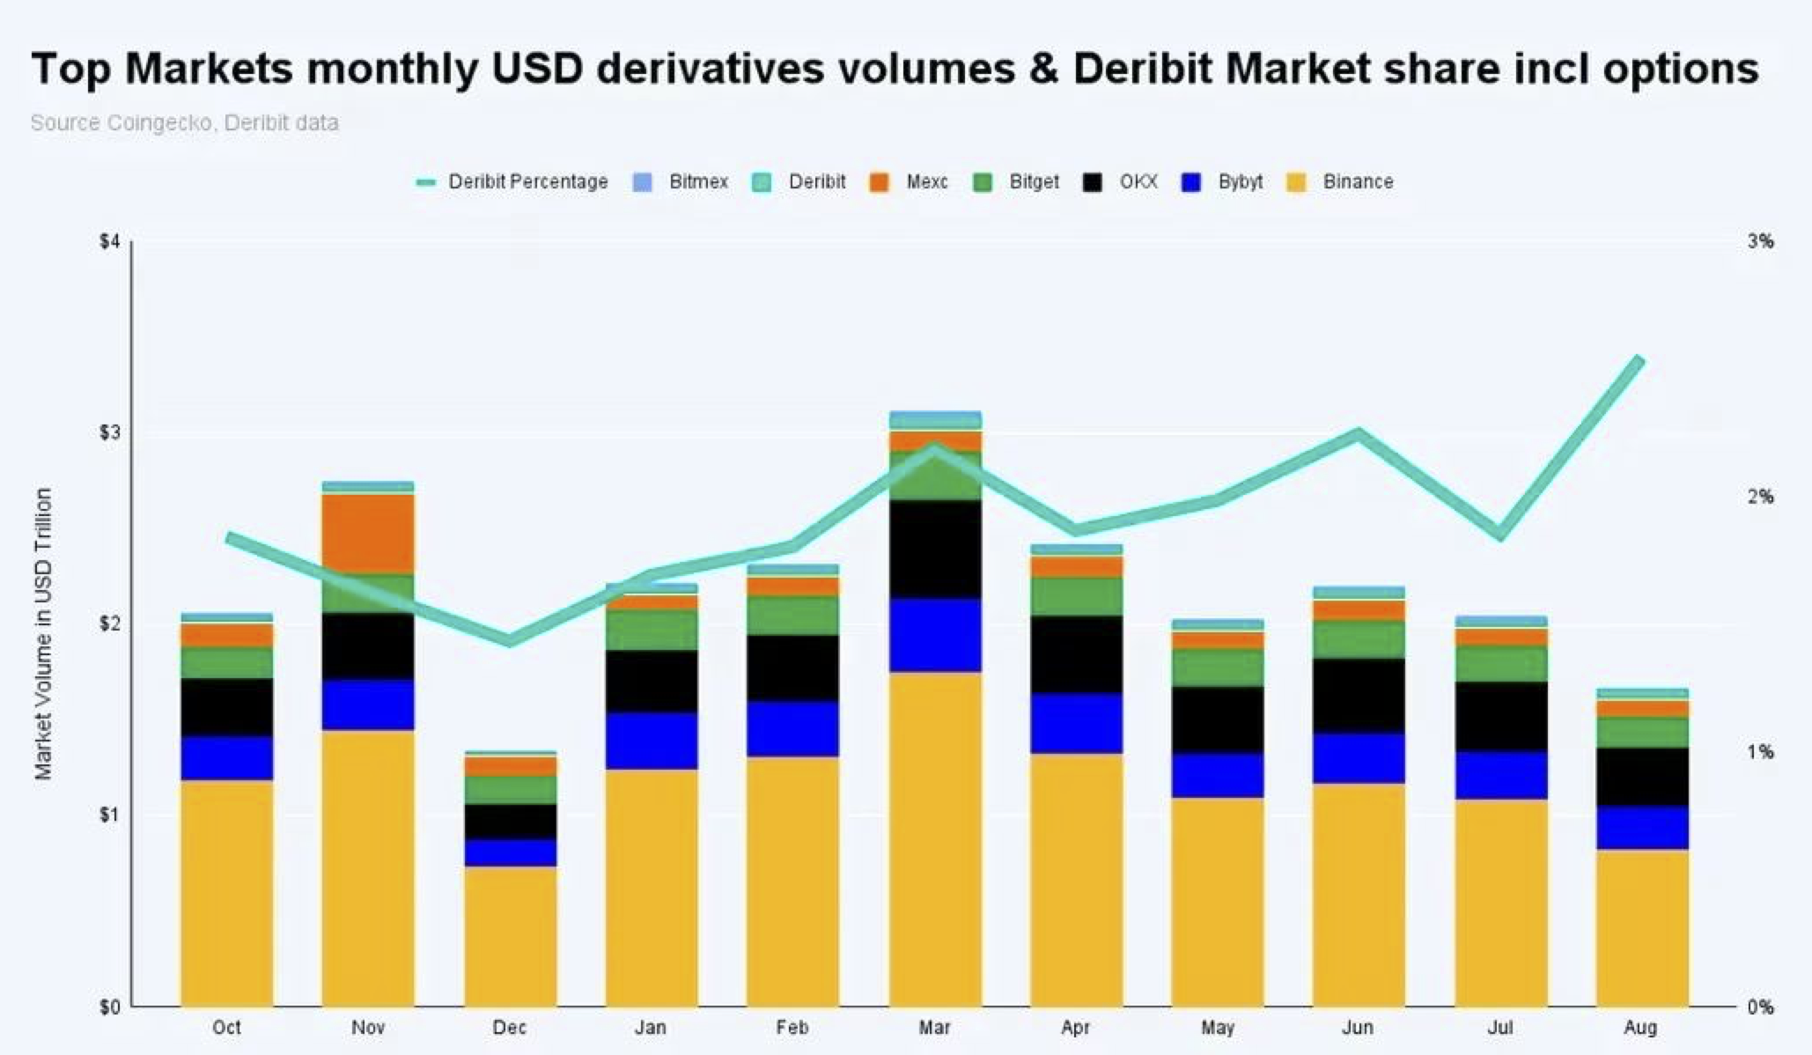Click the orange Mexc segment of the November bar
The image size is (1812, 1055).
(x=368, y=534)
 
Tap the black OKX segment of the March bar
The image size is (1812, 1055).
(x=934, y=550)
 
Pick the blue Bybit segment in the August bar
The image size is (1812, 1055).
(x=1642, y=827)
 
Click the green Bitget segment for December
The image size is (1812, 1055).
(x=510, y=789)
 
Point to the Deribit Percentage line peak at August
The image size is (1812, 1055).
(x=1639, y=359)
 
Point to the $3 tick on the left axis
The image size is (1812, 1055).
(x=108, y=432)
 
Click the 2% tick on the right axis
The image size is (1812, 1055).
(x=1760, y=497)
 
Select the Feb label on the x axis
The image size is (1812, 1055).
(x=792, y=1028)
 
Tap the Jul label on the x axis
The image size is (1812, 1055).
(x=1499, y=1028)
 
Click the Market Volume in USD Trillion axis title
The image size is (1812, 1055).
(x=43, y=633)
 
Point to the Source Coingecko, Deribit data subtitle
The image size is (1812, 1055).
(x=184, y=123)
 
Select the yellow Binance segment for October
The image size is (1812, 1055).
(x=226, y=892)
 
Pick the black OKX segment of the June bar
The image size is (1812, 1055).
(x=1359, y=696)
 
